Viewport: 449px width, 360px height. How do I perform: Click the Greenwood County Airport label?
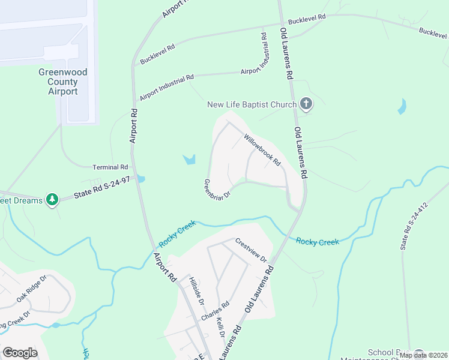[x=63, y=82]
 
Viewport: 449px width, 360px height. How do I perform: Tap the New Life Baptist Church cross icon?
[x=306, y=105]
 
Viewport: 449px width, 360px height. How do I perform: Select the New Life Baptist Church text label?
[x=252, y=105]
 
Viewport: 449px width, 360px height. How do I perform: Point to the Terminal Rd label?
[x=110, y=167]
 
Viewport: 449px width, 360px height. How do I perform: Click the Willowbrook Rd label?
[x=262, y=149]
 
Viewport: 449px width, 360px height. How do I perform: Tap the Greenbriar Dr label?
[x=217, y=190]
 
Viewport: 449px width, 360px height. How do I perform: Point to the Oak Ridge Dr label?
[x=32, y=290]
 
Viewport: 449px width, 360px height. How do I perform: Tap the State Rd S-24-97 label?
[x=101, y=188]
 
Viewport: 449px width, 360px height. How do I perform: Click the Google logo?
[x=20, y=353]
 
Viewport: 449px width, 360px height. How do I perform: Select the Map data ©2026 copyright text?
[x=423, y=355]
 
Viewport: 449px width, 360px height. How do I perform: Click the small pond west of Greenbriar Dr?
[x=190, y=160]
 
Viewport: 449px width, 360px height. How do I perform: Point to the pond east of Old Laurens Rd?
[x=401, y=107]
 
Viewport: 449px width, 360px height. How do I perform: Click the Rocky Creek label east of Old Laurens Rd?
[x=318, y=242]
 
